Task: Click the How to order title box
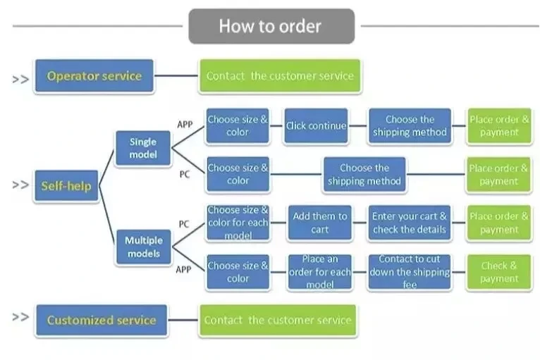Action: [x=271, y=27]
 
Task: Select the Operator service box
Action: [x=94, y=76]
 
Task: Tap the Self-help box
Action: [x=66, y=186]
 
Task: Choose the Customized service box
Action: [x=101, y=320]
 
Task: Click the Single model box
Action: [x=143, y=148]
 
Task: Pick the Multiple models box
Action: [x=144, y=247]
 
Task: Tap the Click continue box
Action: [x=316, y=126]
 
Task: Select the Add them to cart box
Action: [x=319, y=223]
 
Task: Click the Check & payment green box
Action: [x=498, y=272]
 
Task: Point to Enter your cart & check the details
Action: [x=409, y=223]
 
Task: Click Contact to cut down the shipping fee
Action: [x=409, y=272]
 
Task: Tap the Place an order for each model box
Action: [x=319, y=272]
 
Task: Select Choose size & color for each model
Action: [x=238, y=223]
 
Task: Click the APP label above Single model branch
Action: [x=185, y=125]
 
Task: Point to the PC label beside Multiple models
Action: [x=184, y=224]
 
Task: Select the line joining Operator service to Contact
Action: [x=176, y=76]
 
